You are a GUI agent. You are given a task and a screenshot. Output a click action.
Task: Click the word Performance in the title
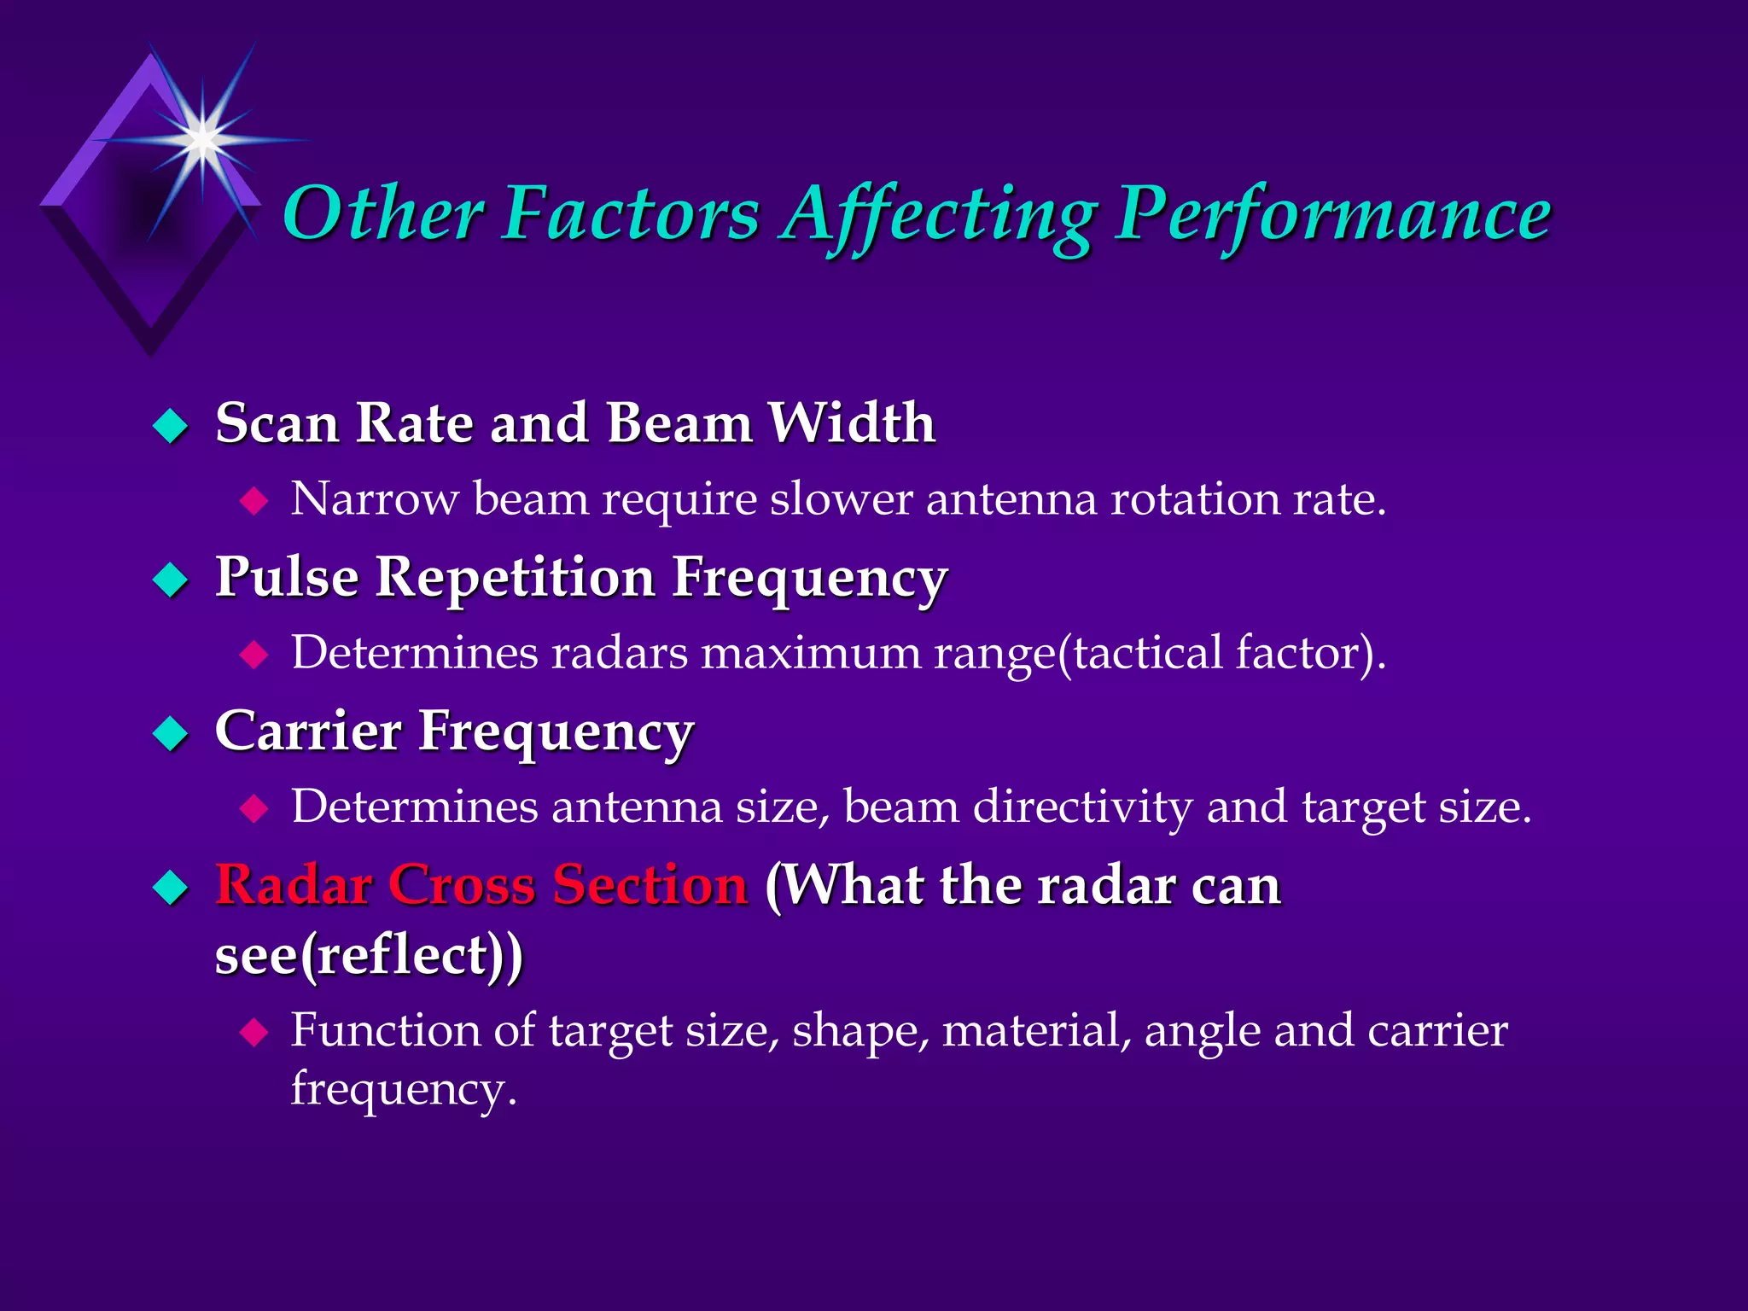[1333, 215]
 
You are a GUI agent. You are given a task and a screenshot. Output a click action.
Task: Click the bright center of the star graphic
[202, 138]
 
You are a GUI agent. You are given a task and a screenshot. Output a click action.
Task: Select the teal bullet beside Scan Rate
[171, 425]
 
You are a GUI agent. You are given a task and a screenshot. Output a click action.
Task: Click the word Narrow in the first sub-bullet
[374, 498]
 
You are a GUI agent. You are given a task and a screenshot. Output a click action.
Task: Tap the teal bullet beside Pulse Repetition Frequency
[171, 580]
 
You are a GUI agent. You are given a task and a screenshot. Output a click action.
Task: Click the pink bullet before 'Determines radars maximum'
[254, 655]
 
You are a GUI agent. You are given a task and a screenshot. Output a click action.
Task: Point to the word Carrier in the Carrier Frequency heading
[308, 731]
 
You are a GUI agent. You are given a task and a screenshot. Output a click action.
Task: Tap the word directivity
[1082, 807]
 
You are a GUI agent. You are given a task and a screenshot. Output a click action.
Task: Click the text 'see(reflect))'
[369, 955]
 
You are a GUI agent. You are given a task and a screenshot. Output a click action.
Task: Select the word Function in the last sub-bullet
[385, 1030]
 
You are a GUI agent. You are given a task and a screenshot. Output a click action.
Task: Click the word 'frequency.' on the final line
[404, 1090]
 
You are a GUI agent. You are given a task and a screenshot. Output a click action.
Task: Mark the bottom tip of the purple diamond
[151, 355]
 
